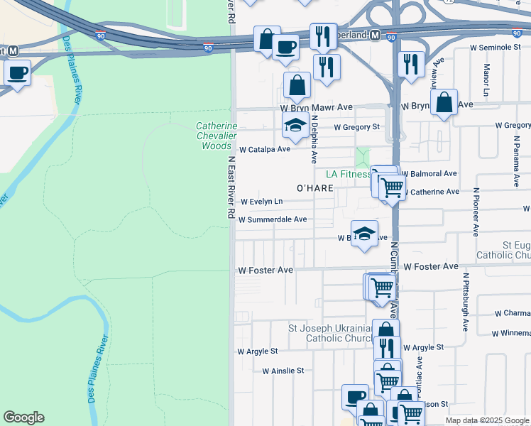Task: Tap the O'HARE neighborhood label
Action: [314, 188]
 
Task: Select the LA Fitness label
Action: [348, 174]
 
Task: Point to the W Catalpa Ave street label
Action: [265, 150]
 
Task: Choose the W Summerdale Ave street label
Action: [273, 220]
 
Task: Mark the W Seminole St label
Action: [496, 47]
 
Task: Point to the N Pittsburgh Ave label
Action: [466, 302]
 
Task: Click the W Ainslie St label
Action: [283, 371]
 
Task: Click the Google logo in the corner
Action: [23, 417]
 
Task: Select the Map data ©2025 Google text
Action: [486, 420]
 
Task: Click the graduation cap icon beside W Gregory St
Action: [295, 126]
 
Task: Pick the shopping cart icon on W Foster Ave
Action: [382, 287]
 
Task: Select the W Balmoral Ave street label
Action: [429, 174]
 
